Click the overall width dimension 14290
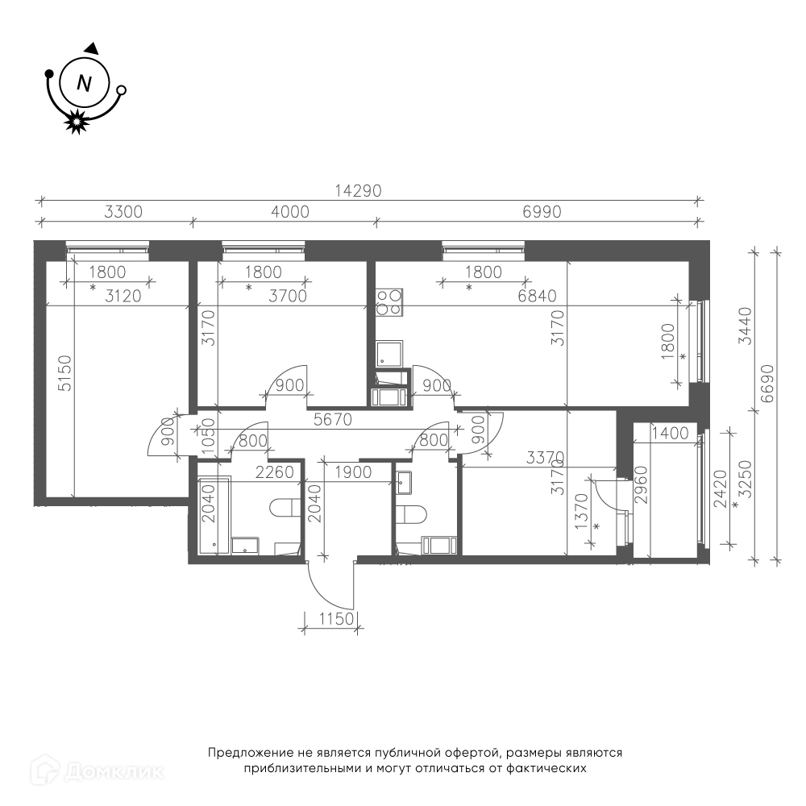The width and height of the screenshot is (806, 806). [359, 191]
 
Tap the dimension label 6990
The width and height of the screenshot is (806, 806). [542, 212]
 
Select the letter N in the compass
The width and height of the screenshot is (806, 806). [84, 83]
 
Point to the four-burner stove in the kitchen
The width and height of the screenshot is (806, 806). [389, 301]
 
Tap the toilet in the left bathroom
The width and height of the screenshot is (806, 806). [285, 508]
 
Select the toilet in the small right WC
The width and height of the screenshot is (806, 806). [412, 514]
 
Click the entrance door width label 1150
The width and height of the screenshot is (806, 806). [336, 618]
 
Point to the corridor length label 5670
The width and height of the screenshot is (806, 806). [333, 419]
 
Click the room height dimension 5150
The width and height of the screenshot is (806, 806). [65, 373]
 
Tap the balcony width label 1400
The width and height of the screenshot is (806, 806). [670, 434]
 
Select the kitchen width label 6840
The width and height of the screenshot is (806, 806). [537, 296]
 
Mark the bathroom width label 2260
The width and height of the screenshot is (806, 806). [275, 472]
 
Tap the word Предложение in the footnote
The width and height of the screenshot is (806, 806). [251, 753]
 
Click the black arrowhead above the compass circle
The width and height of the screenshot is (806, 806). [92, 48]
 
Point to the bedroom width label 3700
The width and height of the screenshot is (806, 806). [288, 296]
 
